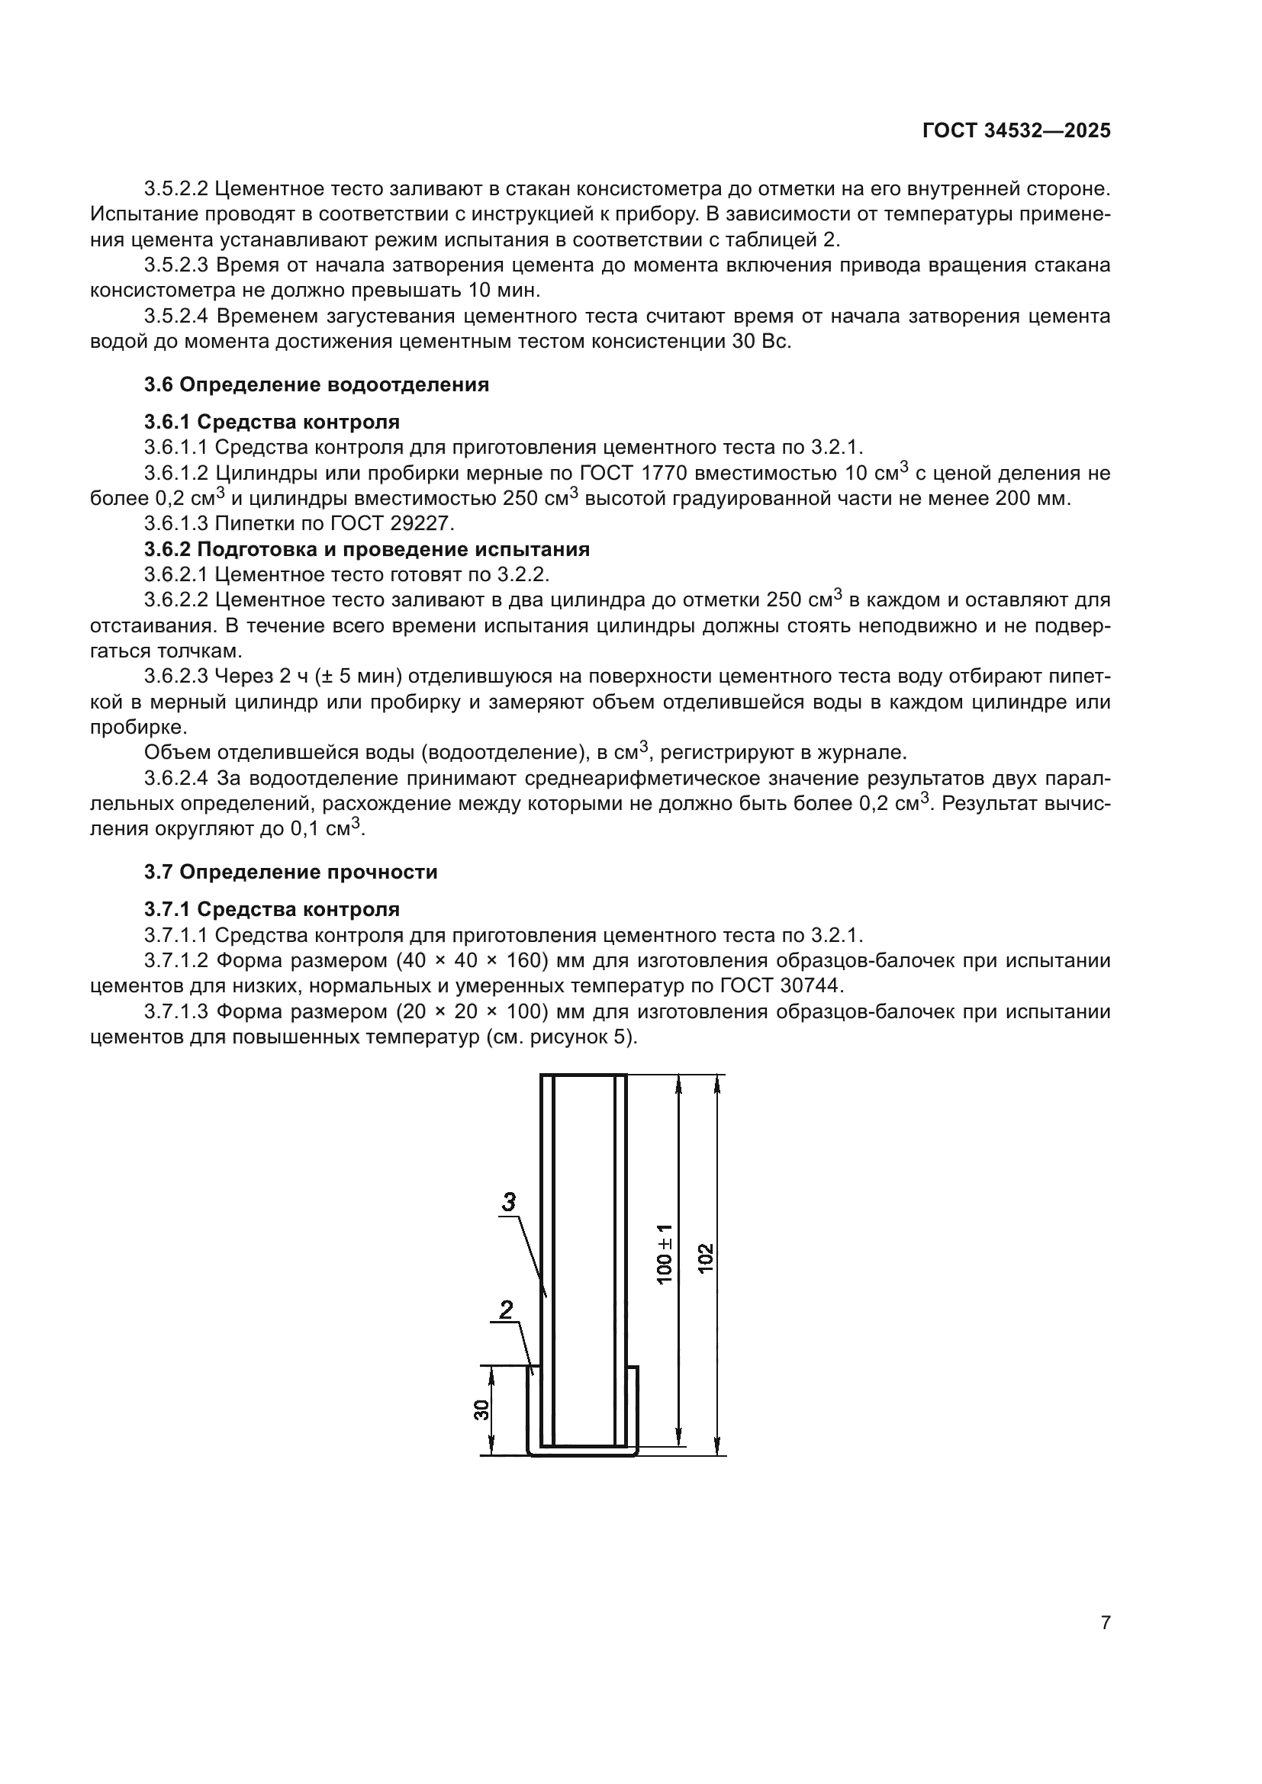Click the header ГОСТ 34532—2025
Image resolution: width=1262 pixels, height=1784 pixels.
click(1016, 131)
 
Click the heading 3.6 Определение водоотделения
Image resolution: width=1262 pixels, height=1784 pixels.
click(317, 385)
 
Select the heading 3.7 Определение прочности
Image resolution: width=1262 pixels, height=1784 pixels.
click(291, 873)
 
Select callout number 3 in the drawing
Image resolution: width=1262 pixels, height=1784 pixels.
click(507, 1202)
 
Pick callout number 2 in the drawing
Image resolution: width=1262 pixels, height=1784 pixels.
click(506, 1310)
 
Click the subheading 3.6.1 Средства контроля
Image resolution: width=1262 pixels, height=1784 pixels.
click(272, 423)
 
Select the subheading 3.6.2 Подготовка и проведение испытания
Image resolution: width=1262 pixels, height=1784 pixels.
click(367, 550)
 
